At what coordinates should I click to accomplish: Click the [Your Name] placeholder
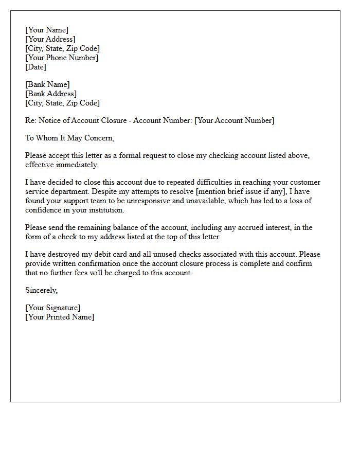(47, 30)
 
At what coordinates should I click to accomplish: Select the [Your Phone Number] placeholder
(62, 58)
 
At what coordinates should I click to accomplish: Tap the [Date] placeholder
(35, 67)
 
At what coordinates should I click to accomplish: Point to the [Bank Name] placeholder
(47, 84)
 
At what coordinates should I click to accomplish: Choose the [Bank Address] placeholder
(51, 94)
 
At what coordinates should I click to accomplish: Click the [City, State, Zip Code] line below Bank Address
(62, 103)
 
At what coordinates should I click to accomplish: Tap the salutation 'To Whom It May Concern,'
(69, 138)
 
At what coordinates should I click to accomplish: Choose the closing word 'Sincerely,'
(42, 290)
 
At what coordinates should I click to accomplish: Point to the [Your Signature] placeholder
(52, 308)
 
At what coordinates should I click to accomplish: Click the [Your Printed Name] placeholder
(60, 317)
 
